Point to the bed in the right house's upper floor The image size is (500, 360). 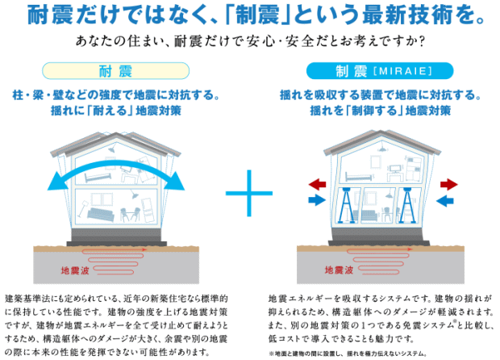tap(356, 174)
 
